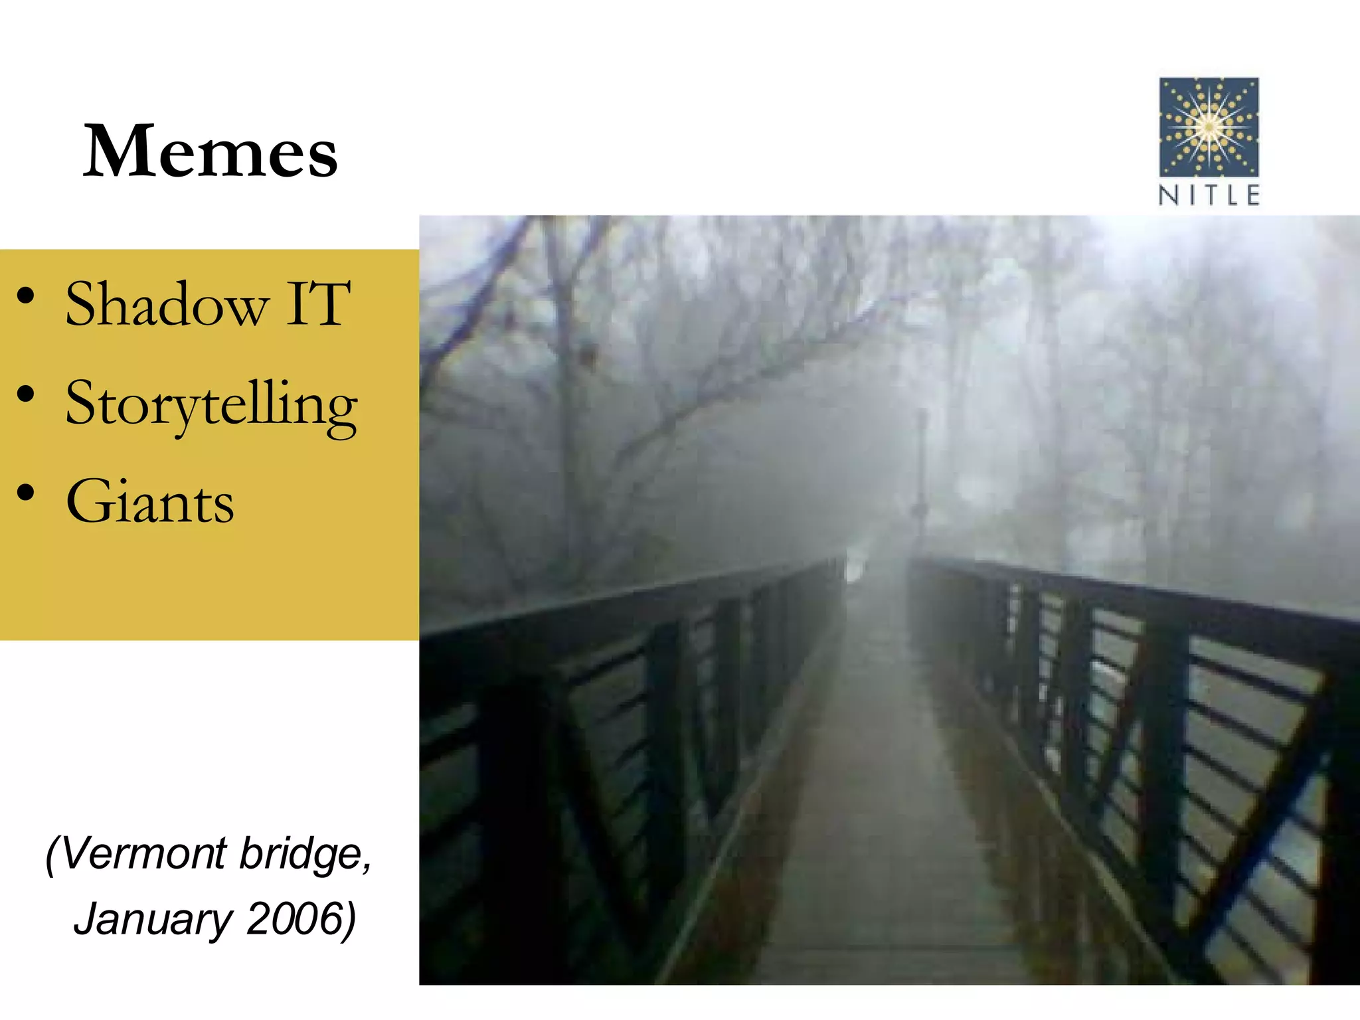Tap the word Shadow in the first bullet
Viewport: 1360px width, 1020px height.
pos(167,304)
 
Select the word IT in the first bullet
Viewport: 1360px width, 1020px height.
pos(317,304)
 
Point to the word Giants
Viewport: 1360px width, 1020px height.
pos(150,502)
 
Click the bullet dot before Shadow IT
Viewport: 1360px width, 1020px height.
pos(26,296)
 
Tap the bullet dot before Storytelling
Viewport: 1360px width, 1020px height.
pos(26,395)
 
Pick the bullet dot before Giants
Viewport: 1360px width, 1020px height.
pos(26,493)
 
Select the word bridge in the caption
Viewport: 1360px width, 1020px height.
pos(304,854)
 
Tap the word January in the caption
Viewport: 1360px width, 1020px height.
pos(153,919)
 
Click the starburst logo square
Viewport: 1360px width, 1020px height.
pos(1209,127)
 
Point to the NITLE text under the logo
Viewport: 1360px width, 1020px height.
pos(1209,195)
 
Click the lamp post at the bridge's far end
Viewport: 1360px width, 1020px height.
pos(921,478)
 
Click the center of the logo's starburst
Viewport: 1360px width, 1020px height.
pos(1209,126)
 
